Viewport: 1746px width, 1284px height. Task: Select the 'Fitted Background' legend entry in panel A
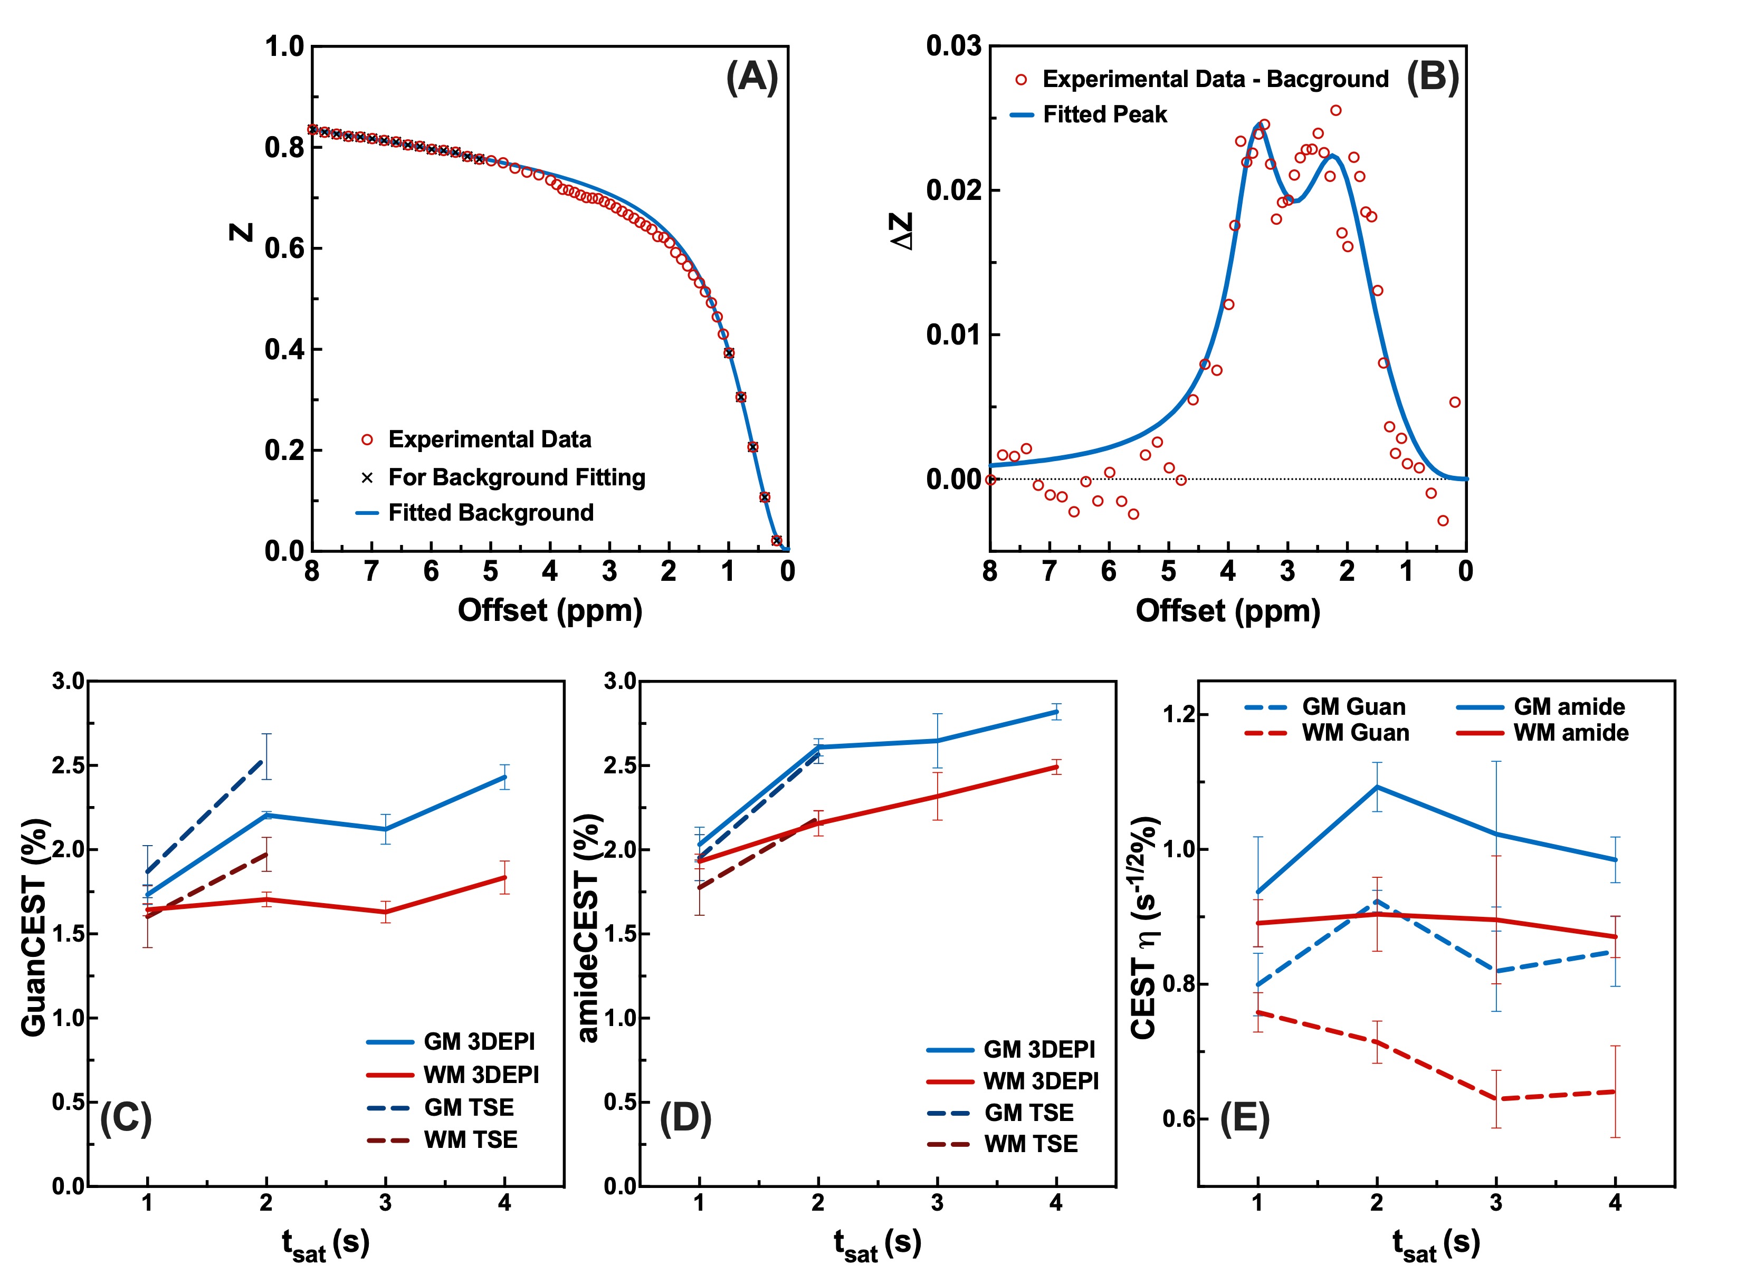tap(474, 513)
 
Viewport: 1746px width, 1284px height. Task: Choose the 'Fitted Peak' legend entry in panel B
tap(1089, 115)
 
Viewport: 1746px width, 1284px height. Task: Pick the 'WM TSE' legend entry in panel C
tap(442, 1140)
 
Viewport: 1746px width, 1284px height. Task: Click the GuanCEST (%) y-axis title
tap(34, 928)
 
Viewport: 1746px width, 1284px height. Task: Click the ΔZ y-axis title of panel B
tap(902, 232)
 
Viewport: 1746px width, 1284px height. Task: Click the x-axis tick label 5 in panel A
tap(491, 572)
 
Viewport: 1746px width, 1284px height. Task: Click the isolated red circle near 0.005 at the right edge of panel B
tap(1455, 402)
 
